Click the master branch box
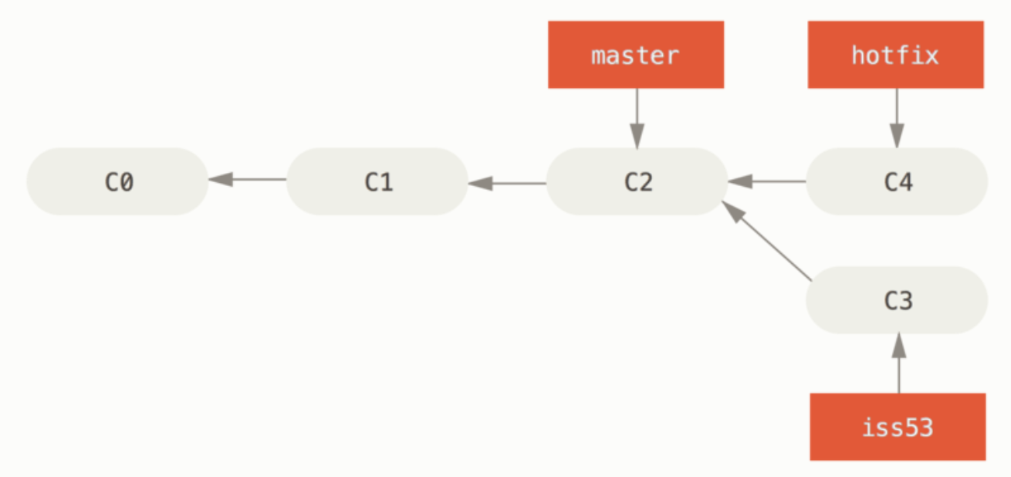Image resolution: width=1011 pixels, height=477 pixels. click(636, 55)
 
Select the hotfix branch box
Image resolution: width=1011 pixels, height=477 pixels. click(896, 55)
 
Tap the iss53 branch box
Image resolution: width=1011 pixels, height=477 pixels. click(898, 427)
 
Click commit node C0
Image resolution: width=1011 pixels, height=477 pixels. click(117, 181)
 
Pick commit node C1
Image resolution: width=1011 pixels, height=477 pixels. click(377, 181)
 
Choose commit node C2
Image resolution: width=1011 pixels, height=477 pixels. click(637, 181)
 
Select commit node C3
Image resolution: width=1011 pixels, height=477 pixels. click(897, 300)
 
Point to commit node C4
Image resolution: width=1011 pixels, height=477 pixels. click(897, 181)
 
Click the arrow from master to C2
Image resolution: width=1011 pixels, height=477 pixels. click(637, 118)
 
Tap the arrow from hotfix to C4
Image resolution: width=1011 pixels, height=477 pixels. click(897, 118)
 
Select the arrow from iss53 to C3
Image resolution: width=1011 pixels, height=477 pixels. click(898, 363)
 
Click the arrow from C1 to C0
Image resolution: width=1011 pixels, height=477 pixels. click(247, 179)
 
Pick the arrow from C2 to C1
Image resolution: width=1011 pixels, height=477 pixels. click(507, 183)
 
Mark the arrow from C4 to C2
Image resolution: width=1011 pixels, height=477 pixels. click(767, 181)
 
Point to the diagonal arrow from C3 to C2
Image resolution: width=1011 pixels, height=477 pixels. click(767, 241)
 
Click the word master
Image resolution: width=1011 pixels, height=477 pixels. click(635, 56)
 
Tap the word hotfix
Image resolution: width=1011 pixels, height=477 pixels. click(895, 56)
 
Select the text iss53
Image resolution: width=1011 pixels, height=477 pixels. click(898, 428)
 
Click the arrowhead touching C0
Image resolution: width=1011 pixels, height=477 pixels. click(221, 179)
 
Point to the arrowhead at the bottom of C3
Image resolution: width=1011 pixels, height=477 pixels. click(898, 345)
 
